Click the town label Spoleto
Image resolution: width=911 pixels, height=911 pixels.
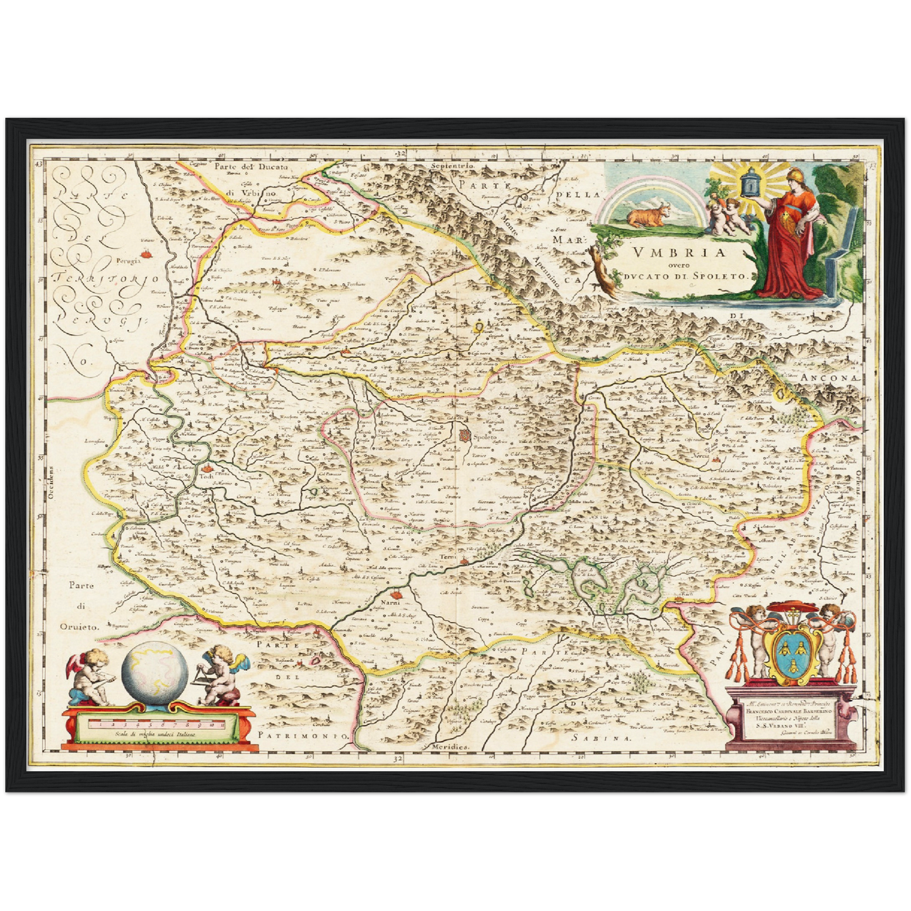click(485, 436)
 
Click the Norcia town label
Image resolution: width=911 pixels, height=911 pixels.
click(700, 455)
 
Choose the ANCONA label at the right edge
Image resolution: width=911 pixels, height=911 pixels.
click(830, 376)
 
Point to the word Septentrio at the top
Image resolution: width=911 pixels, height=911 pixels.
click(451, 165)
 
